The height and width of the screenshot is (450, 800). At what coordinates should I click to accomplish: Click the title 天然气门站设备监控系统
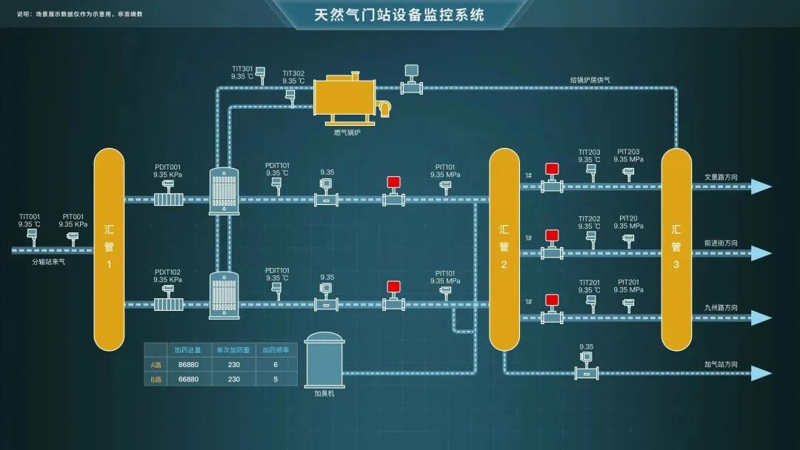[x=399, y=14]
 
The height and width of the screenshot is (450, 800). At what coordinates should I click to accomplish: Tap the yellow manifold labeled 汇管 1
[x=109, y=249]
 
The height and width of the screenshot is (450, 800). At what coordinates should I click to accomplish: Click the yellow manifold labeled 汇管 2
[x=504, y=249]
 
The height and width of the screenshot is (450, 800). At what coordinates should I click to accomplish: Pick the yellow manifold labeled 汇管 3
[x=676, y=249]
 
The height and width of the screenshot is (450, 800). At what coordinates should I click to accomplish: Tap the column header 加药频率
[x=276, y=350]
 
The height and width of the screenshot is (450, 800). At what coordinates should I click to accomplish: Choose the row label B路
[x=156, y=379]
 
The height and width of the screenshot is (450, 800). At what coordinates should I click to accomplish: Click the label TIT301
[x=242, y=69]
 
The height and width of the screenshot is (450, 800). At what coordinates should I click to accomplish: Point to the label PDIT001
[x=167, y=167]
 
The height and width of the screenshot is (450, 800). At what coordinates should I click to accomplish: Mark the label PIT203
[x=628, y=152]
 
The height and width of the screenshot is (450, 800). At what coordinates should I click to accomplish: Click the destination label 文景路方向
[x=721, y=178]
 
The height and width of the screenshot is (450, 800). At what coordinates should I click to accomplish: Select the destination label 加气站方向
[x=721, y=364]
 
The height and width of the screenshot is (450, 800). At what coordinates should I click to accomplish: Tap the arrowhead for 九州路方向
[x=761, y=318]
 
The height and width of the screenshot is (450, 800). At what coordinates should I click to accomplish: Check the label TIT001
[x=30, y=217]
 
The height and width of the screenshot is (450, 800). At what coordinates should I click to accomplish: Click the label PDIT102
[x=167, y=272]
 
